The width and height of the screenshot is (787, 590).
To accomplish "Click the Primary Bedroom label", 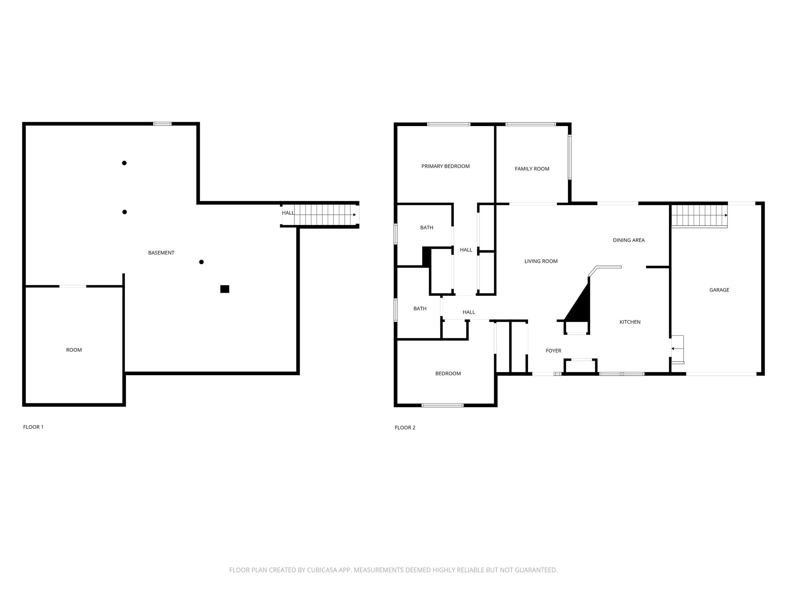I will pyautogui.click(x=445, y=166).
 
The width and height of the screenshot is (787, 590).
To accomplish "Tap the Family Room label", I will pyautogui.click(x=532, y=169).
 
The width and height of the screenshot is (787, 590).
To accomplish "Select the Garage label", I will pyautogui.click(x=719, y=290).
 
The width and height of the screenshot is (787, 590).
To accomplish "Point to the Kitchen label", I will pyautogui.click(x=630, y=322).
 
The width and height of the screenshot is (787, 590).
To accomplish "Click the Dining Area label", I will pyautogui.click(x=629, y=240).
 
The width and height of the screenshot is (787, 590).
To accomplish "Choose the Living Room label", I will pyautogui.click(x=541, y=261).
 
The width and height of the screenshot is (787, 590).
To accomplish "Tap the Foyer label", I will pyautogui.click(x=553, y=351).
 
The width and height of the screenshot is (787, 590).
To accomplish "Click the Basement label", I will pyautogui.click(x=161, y=253).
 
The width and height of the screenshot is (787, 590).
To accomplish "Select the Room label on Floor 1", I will pyautogui.click(x=74, y=350).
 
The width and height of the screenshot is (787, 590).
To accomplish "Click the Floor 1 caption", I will pyautogui.click(x=33, y=427).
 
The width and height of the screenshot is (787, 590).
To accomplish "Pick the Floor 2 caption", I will pyautogui.click(x=405, y=428).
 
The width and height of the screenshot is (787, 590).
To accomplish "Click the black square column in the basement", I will pyautogui.click(x=225, y=289).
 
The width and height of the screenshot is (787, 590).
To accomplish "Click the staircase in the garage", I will pyautogui.click(x=699, y=215).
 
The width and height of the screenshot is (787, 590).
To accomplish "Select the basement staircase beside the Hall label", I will pyautogui.click(x=323, y=215).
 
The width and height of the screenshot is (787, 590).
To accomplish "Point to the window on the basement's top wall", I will pyautogui.click(x=162, y=124).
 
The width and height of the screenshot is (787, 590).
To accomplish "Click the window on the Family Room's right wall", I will pyautogui.click(x=569, y=157).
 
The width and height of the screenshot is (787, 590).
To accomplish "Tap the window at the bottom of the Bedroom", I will pyautogui.click(x=442, y=405).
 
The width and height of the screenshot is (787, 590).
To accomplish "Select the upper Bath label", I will pyautogui.click(x=427, y=227).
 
